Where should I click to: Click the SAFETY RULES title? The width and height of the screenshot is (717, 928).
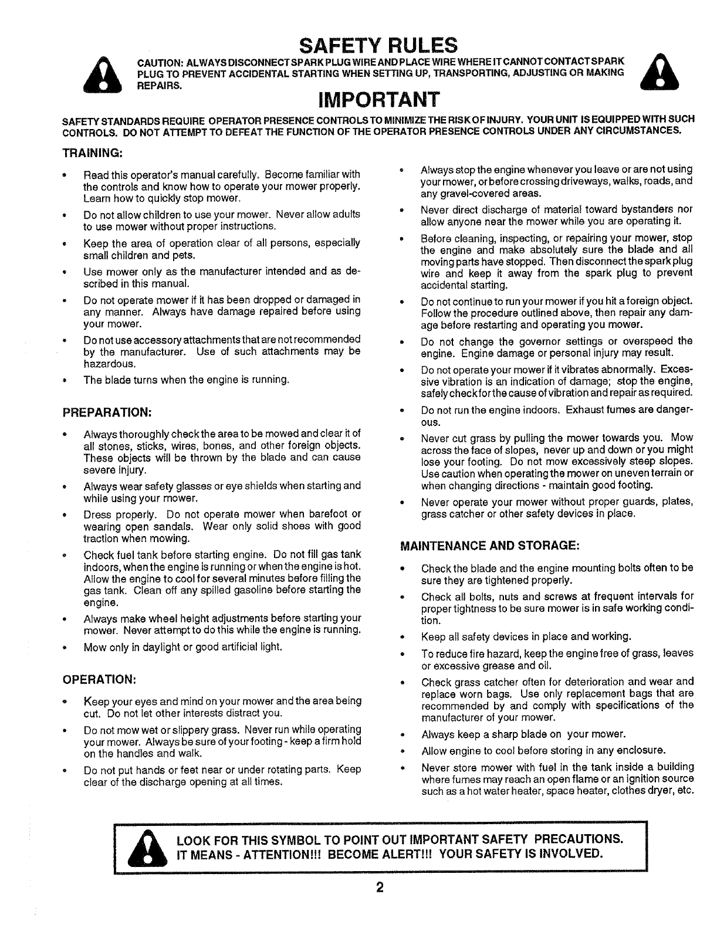(378, 45)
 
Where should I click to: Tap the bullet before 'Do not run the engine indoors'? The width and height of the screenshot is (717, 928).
(402, 411)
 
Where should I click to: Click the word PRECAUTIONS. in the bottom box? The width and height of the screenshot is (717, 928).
(571, 836)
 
